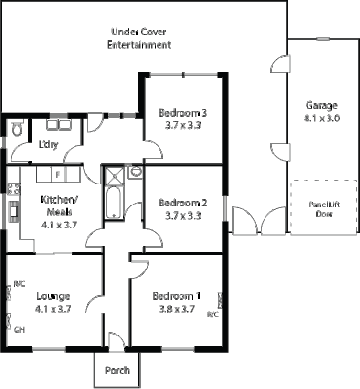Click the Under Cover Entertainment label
coord(139,38)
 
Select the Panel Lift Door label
coord(318,208)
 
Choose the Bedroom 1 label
coord(177,295)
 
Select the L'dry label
coord(48,145)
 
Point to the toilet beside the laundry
coord(16,127)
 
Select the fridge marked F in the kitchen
coord(58,175)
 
